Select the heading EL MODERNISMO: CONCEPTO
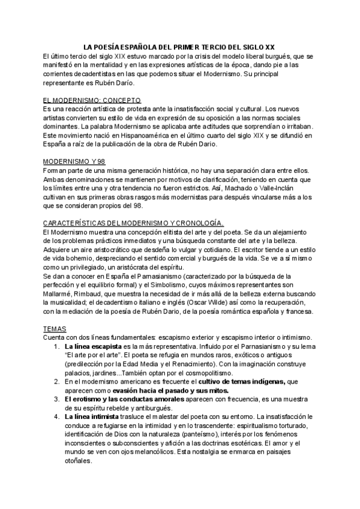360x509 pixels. (92, 100)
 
